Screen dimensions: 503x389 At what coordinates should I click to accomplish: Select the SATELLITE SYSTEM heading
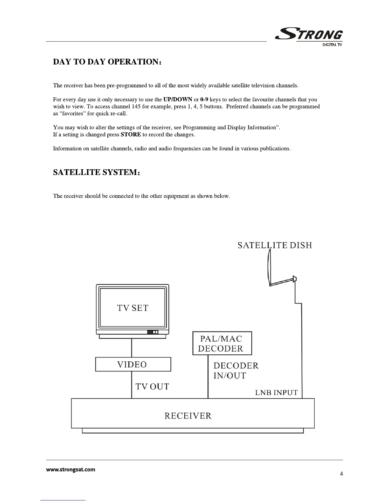[96, 172]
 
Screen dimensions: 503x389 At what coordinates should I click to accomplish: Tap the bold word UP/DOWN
[178, 99]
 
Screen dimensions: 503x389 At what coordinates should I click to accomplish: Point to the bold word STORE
[131, 135]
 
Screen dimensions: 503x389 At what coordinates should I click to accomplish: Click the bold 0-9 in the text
[204, 99]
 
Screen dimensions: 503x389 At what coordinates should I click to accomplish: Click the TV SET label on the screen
[133, 308]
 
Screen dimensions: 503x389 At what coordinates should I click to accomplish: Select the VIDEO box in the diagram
[133, 364]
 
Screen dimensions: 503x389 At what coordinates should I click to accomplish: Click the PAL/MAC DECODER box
[222, 343]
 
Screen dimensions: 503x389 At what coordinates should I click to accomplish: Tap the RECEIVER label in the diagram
[188, 416]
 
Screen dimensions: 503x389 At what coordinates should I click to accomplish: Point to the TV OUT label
[152, 386]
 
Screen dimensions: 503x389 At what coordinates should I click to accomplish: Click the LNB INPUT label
[276, 393]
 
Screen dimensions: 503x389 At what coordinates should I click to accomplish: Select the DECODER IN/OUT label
[235, 371]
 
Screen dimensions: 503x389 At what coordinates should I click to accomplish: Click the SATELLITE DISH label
[275, 245]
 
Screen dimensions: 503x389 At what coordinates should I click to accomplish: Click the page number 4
[341, 474]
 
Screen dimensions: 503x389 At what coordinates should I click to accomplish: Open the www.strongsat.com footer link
[71, 470]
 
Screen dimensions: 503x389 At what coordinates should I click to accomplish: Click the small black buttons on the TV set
[152, 332]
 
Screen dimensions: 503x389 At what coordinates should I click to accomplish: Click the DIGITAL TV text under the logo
[332, 45]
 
